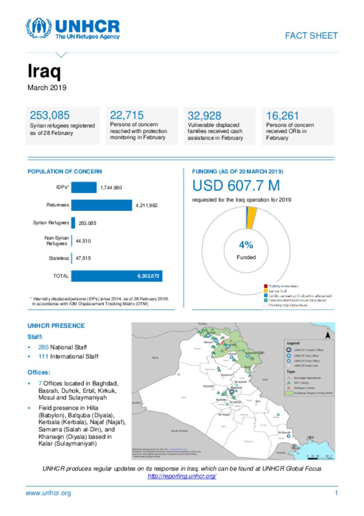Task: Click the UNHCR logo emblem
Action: (x=38, y=28)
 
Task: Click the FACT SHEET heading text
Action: (x=311, y=36)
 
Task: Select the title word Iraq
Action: (x=44, y=71)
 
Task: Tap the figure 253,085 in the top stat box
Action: (x=49, y=115)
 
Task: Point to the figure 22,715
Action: (x=127, y=115)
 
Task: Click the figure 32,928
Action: (x=204, y=116)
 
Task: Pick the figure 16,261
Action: (x=282, y=116)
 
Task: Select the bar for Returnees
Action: (x=101, y=205)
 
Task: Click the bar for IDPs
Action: (x=84, y=187)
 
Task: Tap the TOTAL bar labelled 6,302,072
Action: (x=117, y=276)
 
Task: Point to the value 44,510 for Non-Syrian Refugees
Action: (x=83, y=241)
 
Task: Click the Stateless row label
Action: (x=59, y=258)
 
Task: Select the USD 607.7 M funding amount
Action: (x=236, y=186)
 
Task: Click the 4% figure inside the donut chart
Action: (x=246, y=245)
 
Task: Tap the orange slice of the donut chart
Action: (x=252, y=218)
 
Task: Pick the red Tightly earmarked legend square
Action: (x=266, y=286)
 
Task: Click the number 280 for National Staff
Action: (x=43, y=347)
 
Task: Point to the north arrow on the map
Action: (x=328, y=335)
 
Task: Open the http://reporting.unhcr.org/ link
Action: (x=182, y=476)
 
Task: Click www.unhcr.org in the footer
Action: (x=48, y=493)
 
